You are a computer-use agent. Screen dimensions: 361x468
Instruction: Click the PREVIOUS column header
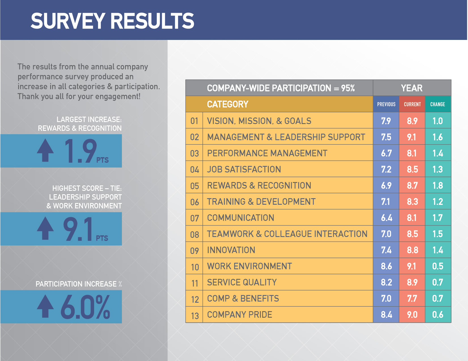click(386, 104)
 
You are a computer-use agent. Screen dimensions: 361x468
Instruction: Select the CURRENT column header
click(412, 104)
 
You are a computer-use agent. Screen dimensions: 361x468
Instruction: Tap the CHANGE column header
click(438, 104)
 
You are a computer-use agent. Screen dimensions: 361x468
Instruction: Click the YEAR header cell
click(412, 88)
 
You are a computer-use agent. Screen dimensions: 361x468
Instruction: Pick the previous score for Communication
click(386, 218)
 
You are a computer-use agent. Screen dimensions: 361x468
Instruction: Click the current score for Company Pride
click(412, 315)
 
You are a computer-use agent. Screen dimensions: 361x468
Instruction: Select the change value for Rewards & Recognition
click(438, 185)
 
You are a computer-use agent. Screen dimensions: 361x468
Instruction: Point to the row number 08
click(194, 234)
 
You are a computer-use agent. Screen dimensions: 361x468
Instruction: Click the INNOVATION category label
click(231, 250)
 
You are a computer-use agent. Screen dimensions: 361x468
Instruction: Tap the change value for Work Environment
click(438, 266)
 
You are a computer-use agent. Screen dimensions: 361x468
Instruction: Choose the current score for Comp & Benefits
click(412, 298)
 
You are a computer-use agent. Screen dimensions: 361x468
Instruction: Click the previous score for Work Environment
click(386, 266)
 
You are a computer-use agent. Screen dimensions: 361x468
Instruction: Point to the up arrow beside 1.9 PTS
click(45, 150)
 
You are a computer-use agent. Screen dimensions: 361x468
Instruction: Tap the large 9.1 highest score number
click(78, 229)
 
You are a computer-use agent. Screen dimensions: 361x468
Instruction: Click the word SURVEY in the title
click(68, 21)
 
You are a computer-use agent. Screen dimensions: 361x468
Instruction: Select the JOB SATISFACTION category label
click(244, 169)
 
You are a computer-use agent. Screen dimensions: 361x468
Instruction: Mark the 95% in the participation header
click(348, 88)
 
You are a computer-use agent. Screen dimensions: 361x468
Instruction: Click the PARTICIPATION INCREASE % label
click(79, 284)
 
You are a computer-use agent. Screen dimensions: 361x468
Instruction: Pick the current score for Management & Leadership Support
click(412, 137)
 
